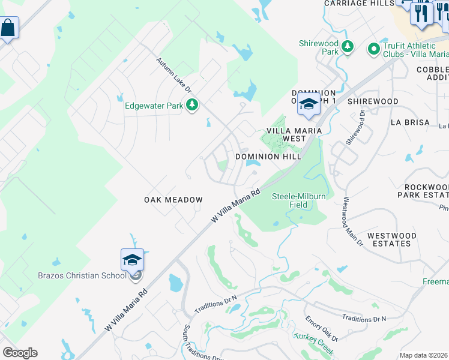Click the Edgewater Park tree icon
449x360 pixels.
click(x=192, y=106)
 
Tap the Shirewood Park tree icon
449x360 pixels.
click(x=347, y=46)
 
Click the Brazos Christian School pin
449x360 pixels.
click(x=132, y=260)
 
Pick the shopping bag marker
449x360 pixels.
click(x=8, y=28)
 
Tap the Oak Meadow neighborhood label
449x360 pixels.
click(x=173, y=200)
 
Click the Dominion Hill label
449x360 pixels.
click(x=268, y=157)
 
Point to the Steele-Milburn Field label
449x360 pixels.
click(x=299, y=200)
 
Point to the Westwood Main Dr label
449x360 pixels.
click(x=352, y=222)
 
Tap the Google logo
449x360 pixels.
click(x=20, y=353)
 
